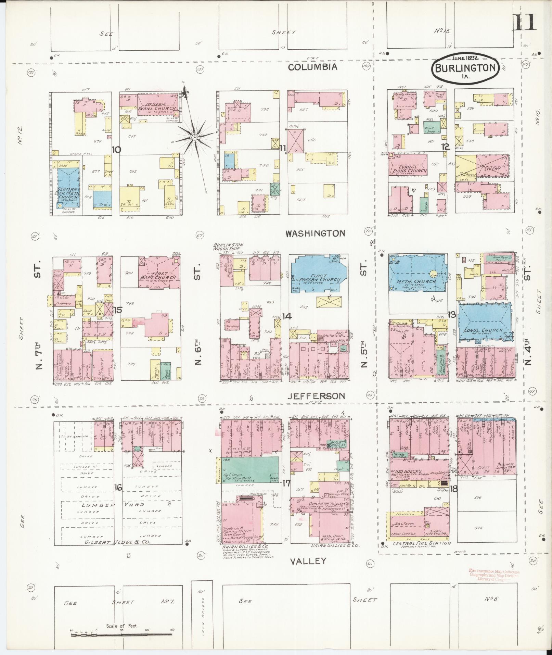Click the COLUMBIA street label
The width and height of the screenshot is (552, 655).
point(312,67)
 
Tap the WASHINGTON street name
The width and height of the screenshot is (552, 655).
point(315,234)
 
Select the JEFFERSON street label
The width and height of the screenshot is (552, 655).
point(316,396)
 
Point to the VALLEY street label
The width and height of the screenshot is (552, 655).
point(308,561)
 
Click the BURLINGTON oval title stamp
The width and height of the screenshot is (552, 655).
point(464,68)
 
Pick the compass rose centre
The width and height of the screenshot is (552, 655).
point(194,137)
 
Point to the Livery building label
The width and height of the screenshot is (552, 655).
point(492,169)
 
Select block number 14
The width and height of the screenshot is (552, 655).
point(286,316)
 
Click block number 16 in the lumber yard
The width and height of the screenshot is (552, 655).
point(118,488)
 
